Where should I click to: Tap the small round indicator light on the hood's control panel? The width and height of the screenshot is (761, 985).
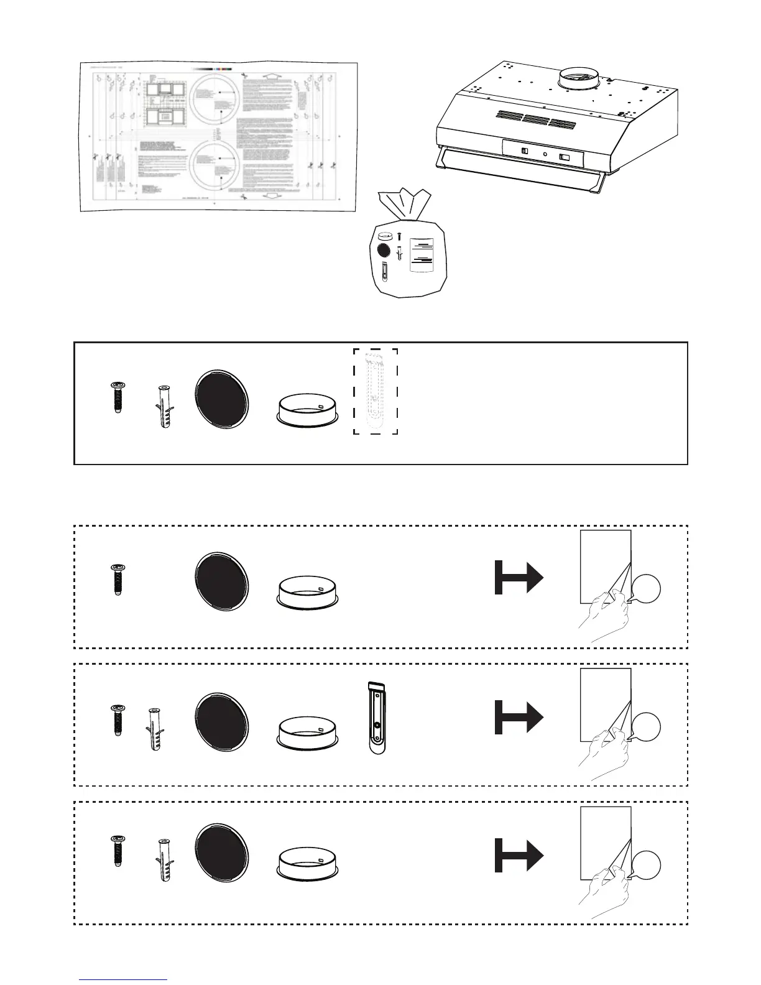(545, 154)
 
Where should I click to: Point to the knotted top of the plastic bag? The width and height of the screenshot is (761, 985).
(405, 202)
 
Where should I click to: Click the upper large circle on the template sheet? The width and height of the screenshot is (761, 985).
(215, 101)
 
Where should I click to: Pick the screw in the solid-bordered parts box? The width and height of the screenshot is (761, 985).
(116, 397)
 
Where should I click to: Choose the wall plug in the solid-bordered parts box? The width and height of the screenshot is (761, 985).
(164, 407)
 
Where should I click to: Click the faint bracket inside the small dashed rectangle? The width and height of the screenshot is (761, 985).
(376, 391)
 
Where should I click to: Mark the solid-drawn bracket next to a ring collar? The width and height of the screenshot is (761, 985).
(377, 717)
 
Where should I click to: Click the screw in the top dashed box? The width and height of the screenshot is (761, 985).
(116, 580)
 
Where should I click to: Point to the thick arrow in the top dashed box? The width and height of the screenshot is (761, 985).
(519, 577)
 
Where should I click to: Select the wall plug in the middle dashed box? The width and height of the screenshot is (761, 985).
(154, 729)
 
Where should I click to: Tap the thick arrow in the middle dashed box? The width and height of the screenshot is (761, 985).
(519, 716)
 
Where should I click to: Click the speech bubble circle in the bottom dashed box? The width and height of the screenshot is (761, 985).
(647, 866)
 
